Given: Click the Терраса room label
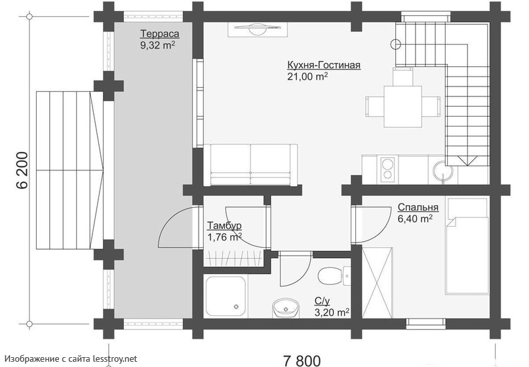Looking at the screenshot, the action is (x=159, y=34).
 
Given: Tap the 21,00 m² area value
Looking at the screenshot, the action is (x=307, y=76).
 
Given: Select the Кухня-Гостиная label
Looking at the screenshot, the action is (x=324, y=65).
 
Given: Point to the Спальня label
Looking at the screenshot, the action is (x=418, y=207).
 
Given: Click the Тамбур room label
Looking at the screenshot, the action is (x=224, y=225).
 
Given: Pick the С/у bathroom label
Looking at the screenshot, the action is (x=323, y=301).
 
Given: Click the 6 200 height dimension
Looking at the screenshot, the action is (x=22, y=170).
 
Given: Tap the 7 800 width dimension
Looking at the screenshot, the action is (x=302, y=360).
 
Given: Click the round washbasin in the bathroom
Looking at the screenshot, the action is (x=286, y=308).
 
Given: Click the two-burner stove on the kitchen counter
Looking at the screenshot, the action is (x=388, y=168).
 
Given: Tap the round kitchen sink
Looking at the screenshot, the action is (x=442, y=170).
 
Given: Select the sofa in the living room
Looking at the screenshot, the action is (x=250, y=164).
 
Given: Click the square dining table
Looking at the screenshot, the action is (x=403, y=106).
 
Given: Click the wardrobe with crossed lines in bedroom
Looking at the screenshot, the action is (x=377, y=282).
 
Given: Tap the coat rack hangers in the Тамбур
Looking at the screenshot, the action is (x=233, y=258).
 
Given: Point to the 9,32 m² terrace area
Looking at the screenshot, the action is (x=158, y=45).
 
